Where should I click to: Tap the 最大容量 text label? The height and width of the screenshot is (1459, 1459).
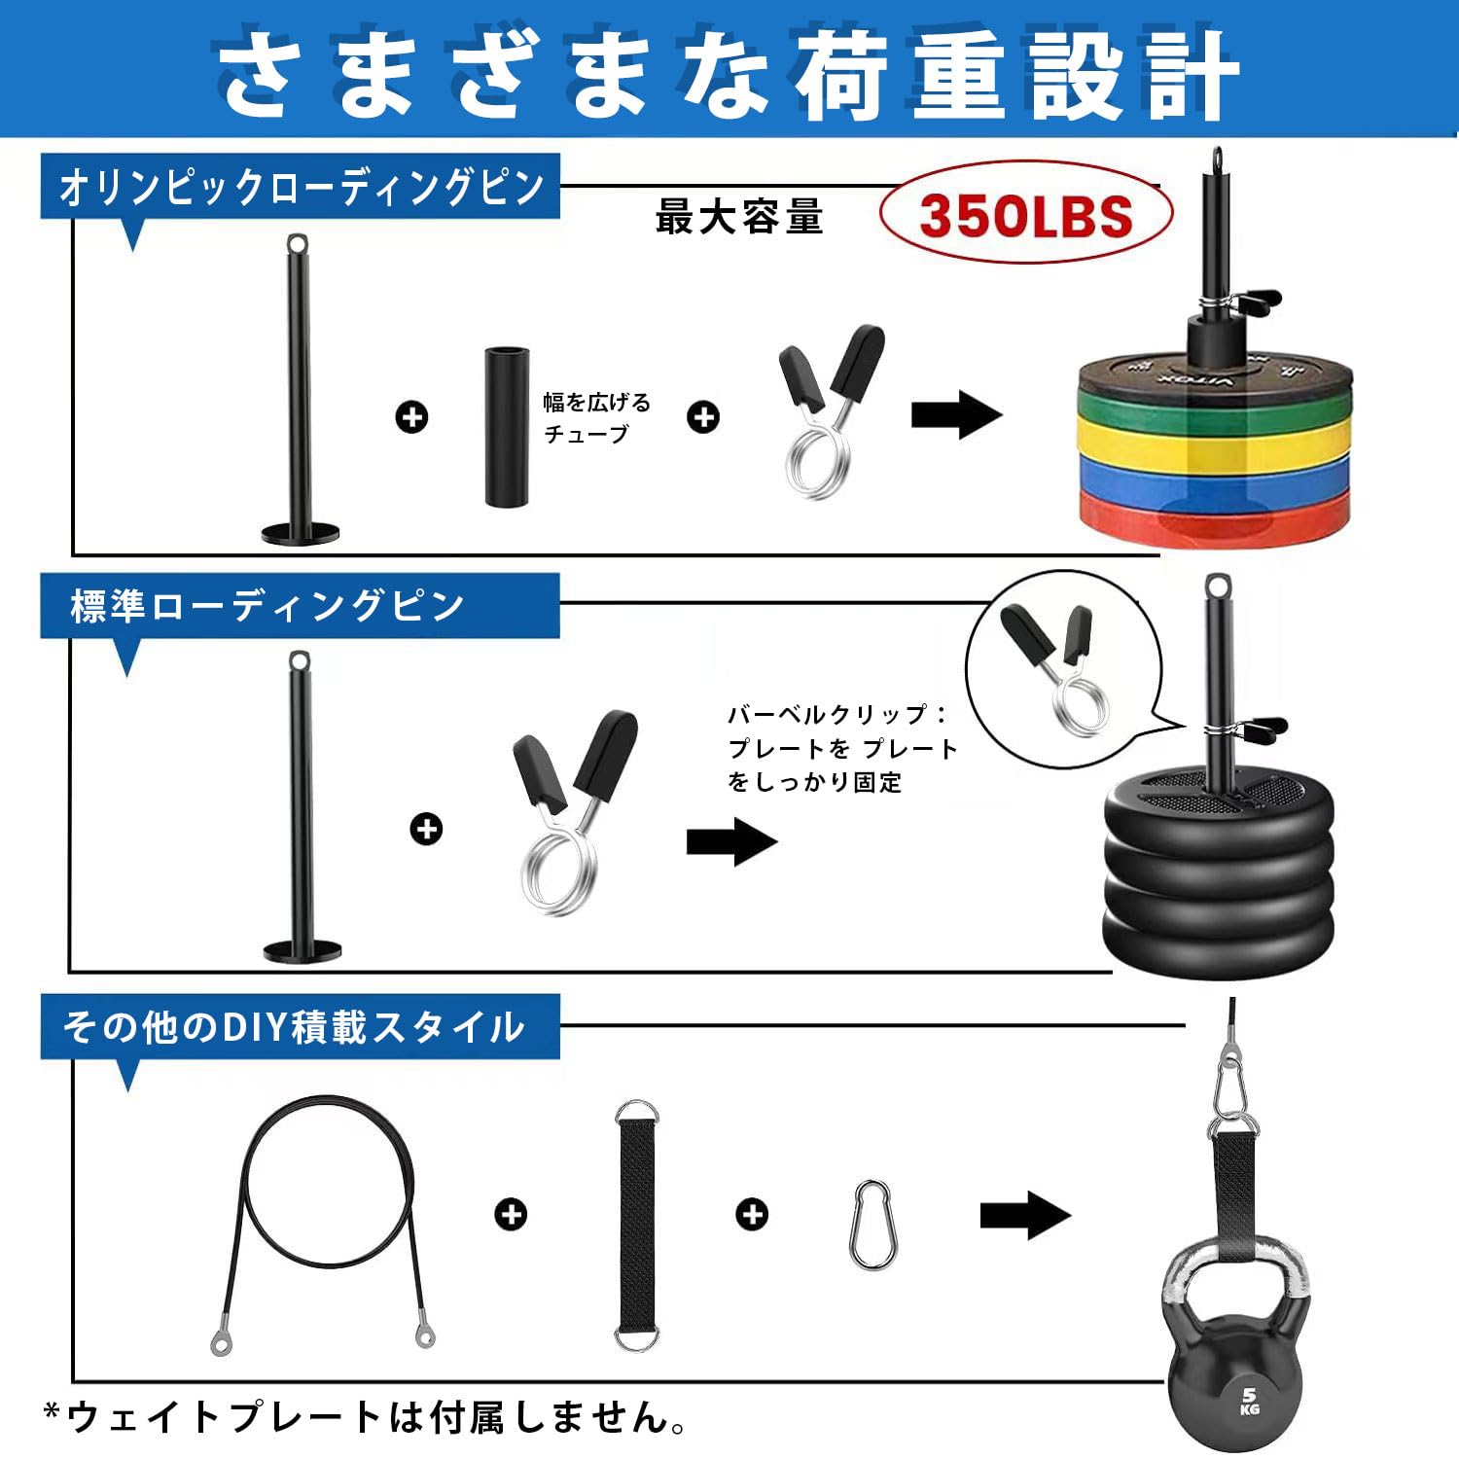coord(739,217)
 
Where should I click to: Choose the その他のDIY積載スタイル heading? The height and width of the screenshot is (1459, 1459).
coord(294,1027)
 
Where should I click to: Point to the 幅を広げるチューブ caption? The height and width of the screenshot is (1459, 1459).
coord(595,417)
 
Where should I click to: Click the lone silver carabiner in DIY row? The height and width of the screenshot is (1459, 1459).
coord(872,1225)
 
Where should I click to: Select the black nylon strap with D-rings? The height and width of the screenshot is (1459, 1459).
coord(636,1227)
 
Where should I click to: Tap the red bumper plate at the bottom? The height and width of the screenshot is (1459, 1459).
coord(1216,520)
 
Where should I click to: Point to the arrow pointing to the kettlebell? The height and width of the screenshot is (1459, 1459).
coord(1025,1215)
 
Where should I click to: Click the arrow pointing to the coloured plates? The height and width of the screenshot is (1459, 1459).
coord(955,415)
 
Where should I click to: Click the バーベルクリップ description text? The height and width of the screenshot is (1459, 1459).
coord(841,748)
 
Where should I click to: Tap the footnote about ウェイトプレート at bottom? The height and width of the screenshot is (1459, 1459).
coord(365,1417)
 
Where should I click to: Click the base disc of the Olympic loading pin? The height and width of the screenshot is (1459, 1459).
coord(301,533)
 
